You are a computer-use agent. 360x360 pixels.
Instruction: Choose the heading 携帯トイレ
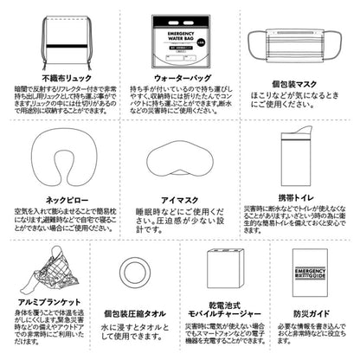pyautogui.click(x=294, y=197)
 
